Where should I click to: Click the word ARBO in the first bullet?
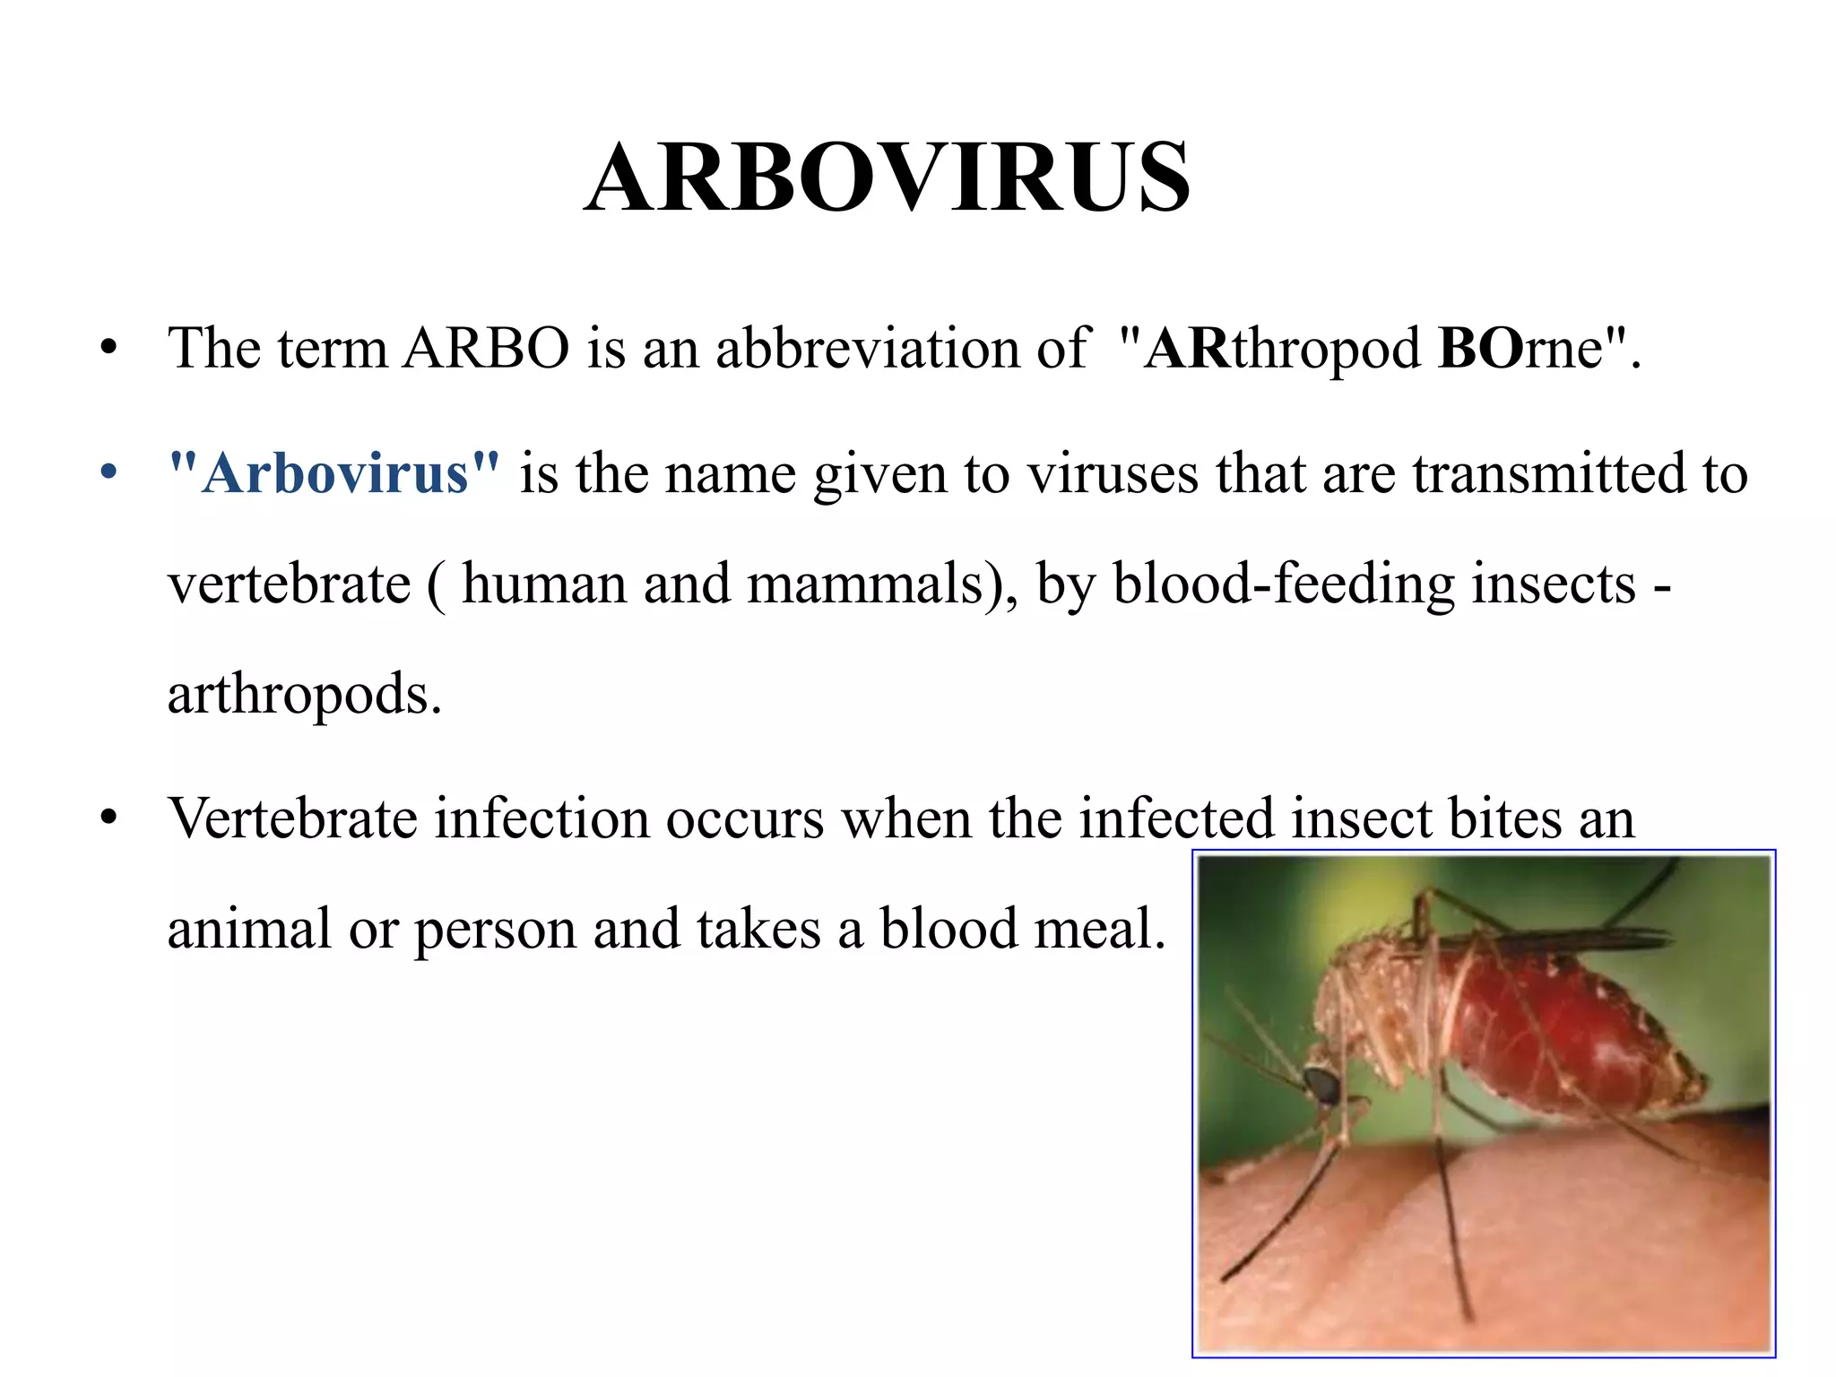tap(486, 348)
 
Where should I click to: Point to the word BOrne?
tap(1520, 348)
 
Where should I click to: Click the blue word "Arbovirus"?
tap(334, 473)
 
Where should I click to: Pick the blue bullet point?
tap(109, 472)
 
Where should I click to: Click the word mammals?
tap(866, 585)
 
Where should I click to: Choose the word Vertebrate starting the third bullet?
tap(293, 818)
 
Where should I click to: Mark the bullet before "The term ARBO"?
tap(109, 348)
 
